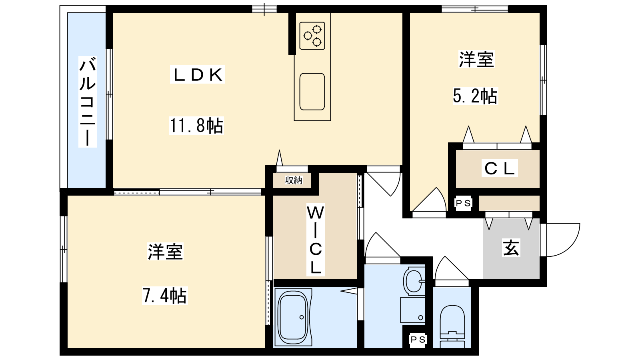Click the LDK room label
[x=198, y=74]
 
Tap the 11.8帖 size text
[x=196, y=126]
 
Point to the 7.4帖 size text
[x=165, y=296]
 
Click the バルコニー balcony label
[x=88, y=102]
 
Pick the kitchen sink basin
[x=312, y=92]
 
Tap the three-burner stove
[x=312, y=36]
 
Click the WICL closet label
[x=316, y=240]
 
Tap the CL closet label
[x=500, y=168]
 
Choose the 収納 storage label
[x=294, y=180]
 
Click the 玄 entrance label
[x=511, y=248]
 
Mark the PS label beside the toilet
[x=418, y=340]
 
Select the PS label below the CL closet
[x=463, y=203]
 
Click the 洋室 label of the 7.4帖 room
[x=165, y=252]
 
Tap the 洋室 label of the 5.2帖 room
[x=476, y=60]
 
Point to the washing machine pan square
[x=412, y=310]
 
